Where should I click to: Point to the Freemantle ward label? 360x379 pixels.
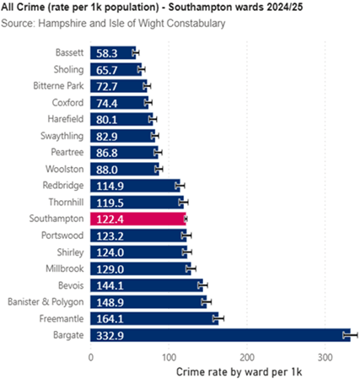click(x=61, y=318)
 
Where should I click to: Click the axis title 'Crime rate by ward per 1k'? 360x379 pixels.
click(x=239, y=371)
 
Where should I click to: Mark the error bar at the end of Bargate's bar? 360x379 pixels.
click(x=351, y=335)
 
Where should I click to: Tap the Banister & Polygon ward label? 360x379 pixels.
click(x=46, y=301)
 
